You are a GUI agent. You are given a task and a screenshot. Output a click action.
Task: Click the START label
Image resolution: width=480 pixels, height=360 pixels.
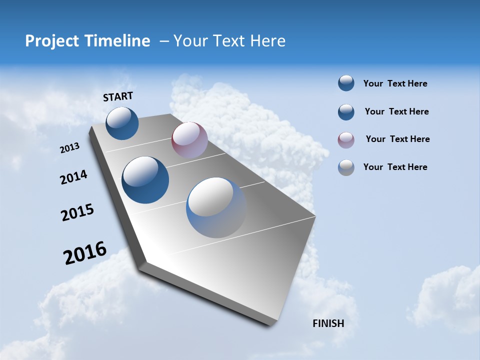118,96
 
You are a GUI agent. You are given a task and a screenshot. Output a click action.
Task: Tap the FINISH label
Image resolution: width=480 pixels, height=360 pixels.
328,323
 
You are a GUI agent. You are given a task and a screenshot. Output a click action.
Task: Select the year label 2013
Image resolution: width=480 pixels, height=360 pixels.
69,148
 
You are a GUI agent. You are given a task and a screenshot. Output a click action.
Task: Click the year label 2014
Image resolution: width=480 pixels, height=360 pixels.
73,177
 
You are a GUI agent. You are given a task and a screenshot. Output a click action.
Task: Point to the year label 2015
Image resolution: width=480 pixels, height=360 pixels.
77,212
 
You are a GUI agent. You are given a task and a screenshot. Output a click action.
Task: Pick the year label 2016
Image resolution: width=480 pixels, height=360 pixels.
85,253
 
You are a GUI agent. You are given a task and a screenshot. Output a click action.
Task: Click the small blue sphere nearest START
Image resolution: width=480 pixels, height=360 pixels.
122,123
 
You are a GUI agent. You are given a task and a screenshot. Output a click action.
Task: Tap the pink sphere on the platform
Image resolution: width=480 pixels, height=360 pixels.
189,140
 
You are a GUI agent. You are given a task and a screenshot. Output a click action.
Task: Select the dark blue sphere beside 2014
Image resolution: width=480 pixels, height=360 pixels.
145,180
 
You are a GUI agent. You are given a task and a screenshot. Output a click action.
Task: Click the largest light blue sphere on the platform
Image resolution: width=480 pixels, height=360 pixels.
216,207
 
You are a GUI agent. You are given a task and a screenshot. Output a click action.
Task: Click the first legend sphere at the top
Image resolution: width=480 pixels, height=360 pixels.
346,83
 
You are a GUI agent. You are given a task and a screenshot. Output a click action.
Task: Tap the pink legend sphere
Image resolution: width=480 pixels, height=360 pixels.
346,140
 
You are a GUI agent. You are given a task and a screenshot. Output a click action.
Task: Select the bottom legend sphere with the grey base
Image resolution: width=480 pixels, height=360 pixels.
346,167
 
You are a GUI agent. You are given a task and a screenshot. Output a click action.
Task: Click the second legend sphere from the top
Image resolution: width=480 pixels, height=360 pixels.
346,112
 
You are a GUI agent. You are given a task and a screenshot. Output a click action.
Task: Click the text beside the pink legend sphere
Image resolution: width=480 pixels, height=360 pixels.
397,139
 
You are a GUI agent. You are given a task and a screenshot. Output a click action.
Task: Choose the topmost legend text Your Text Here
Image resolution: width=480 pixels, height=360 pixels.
395,83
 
